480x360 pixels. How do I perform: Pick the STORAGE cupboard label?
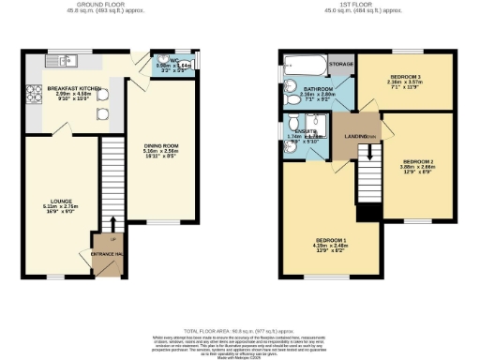point(342,65)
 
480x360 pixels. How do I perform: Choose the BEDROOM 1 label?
point(330,241)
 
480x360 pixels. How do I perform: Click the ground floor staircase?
point(112,178)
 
